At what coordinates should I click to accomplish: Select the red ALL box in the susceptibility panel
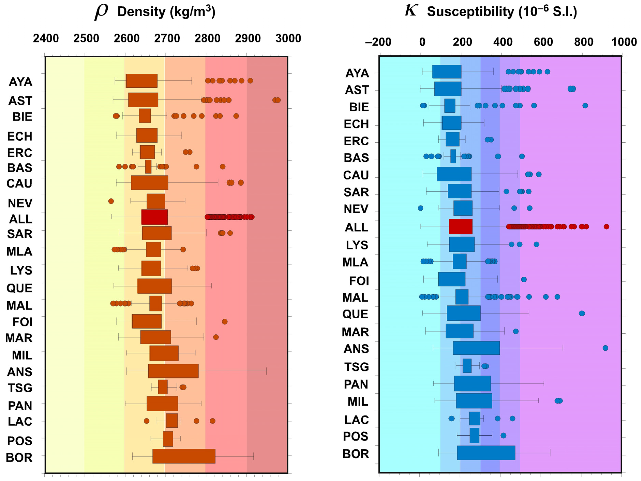point(460,227)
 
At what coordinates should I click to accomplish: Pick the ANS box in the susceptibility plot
point(476,348)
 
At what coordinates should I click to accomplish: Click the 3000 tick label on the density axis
point(288,38)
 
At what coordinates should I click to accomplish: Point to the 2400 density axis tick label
point(46,38)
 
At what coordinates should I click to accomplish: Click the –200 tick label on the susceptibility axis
point(378,42)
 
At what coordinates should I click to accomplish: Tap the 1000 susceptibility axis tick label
point(624,42)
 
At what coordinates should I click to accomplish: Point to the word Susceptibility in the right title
point(470,12)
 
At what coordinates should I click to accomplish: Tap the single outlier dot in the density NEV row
point(111,201)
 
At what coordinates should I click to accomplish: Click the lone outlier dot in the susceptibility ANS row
point(605,348)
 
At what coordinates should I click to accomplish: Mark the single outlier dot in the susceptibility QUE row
point(582,313)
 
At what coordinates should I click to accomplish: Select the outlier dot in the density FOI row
point(225,321)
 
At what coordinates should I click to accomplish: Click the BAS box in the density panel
point(148,167)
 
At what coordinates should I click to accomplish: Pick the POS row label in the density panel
point(20,441)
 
